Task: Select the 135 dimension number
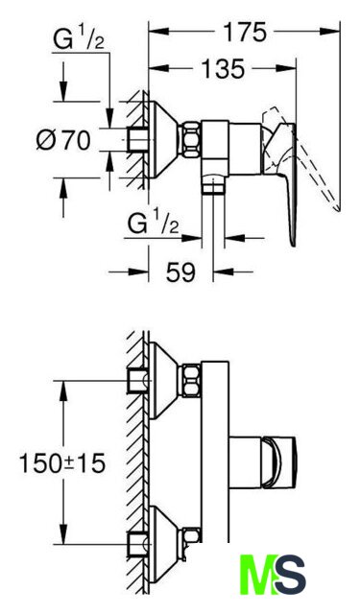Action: point(223,69)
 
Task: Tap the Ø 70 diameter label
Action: point(63,140)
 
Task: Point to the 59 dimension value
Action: point(180,272)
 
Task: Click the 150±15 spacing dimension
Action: point(62,463)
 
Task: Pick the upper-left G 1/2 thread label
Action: point(79,40)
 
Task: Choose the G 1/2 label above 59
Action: point(154,224)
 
